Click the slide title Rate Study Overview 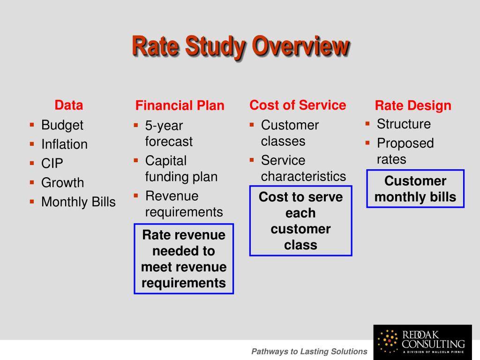click(x=240, y=47)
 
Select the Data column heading click(x=69, y=105)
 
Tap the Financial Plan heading click(x=180, y=106)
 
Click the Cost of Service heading click(x=298, y=105)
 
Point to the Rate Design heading click(x=413, y=106)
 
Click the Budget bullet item click(x=62, y=125)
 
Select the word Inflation click(x=64, y=144)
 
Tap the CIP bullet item click(x=52, y=164)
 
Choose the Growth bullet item click(x=62, y=183)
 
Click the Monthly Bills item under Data click(x=78, y=202)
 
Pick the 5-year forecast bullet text click(x=169, y=134)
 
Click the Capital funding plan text click(x=181, y=169)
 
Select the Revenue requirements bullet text click(x=184, y=204)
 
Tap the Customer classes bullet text click(x=290, y=133)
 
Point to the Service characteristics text click(x=303, y=168)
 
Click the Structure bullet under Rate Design click(x=404, y=124)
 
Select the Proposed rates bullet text click(x=405, y=151)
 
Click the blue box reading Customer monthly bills click(x=415, y=189)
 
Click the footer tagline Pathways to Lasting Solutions click(x=309, y=352)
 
